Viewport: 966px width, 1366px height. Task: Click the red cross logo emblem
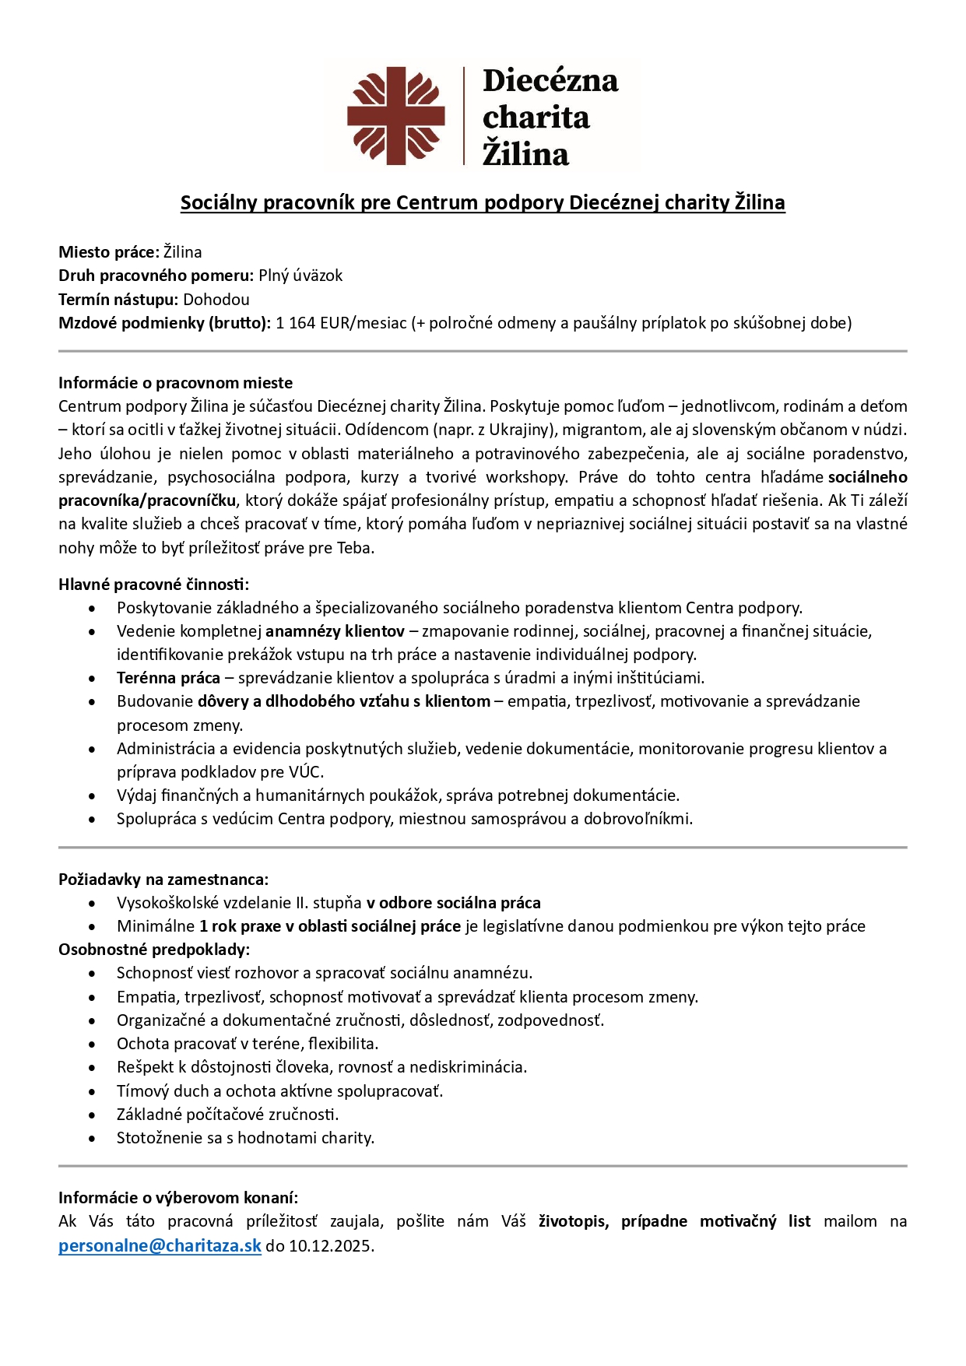point(395,116)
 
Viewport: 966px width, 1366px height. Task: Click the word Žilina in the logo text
point(525,153)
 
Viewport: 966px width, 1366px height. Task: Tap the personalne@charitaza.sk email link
point(160,1245)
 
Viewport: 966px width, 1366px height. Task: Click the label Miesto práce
point(108,252)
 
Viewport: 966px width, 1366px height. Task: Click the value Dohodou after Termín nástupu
point(216,300)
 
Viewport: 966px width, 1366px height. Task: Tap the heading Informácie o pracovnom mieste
point(175,383)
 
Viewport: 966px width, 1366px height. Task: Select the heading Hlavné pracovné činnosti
point(153,584)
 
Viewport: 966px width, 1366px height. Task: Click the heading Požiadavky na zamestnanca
point(163,880)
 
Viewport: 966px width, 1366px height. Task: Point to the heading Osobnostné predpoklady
point(153,950)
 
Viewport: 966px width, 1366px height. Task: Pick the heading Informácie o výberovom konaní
point(178,1198)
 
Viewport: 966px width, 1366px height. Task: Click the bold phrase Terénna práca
point(168,678)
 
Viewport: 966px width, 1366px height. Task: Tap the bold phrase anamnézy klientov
point(335,631)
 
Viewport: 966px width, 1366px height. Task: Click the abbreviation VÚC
point(305,772)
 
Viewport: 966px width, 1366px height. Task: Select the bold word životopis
point(572,1221)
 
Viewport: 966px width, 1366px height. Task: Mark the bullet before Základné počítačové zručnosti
point(93,1115)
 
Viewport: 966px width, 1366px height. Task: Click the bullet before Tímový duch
point(93,1092)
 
